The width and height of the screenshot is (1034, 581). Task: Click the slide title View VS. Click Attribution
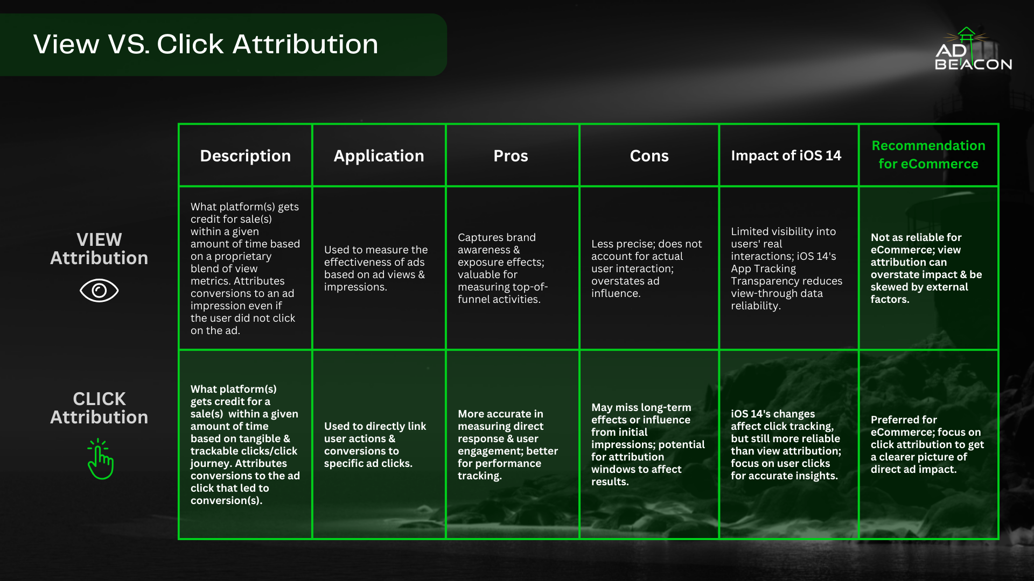pyautogui.click(x=206, y=44)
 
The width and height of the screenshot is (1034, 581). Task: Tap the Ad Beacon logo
pyautogui.click(x=973, y=49)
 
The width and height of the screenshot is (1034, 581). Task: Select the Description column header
pyautogui.click(x=245, y=155)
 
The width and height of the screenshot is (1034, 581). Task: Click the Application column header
pyautogui.click(x=379, y=155)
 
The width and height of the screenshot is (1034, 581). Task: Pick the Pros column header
pyautogui.click(x=511, y=155)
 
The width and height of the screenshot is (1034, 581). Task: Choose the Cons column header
pyautogui.click(x=649, y=155)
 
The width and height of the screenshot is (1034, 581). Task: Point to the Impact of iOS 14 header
pyautogui.click(x=786, y=155)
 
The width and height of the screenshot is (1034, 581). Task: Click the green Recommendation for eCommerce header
pyautogui.click(x=928, y=154)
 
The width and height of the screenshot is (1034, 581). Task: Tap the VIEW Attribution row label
pyautogui.click(x=99, y=249)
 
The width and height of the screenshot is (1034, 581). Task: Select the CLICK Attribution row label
pyautogui.click(x=99, y=408)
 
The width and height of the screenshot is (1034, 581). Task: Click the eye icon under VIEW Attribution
pyautogui.click(x=99, y=290)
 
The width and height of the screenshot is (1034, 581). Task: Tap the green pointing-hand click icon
pyautogui.click(x=100, y=459)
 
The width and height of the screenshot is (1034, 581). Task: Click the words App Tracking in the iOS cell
pyautogui.click(x=763, y=268)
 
